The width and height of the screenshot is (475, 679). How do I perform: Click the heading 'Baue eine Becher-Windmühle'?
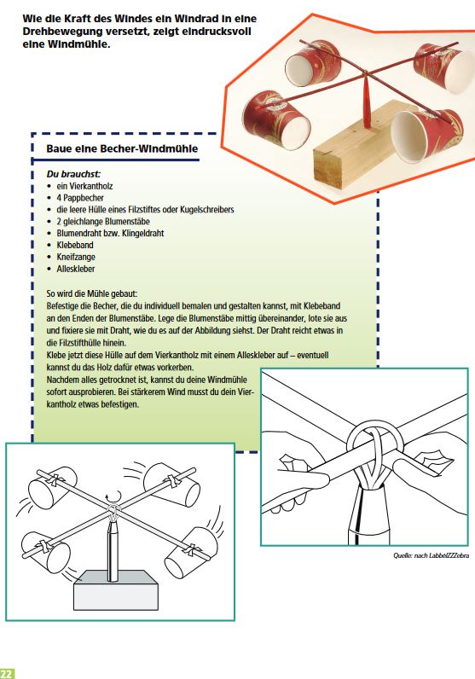click(x=122, y=148)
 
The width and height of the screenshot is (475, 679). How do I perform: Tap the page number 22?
click(x=7, y=673)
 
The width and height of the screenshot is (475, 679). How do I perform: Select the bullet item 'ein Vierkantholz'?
click(x=85, y=186)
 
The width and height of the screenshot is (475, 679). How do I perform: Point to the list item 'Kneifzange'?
click(x=76, y=257)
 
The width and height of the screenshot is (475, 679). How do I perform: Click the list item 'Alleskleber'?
click(x=76, y=269)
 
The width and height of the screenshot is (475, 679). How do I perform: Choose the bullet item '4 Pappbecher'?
click(x=80, y=198)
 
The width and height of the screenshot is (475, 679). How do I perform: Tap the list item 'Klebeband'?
click(x=75, y=245)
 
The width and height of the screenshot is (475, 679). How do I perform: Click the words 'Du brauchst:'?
click(x=73, y=174)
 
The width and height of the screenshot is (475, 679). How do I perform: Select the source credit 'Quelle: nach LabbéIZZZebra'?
click(x=431, y=555)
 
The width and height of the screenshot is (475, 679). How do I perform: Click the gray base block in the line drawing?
click(x=117, y=590)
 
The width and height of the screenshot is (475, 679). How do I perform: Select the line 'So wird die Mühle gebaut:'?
click(x=92, y=294)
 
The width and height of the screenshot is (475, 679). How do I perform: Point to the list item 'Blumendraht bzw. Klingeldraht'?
click(x=110, y=234)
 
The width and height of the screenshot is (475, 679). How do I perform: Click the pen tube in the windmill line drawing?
click(x=113, y=550)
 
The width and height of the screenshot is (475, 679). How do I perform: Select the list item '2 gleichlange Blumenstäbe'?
click(x=103, y=222)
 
